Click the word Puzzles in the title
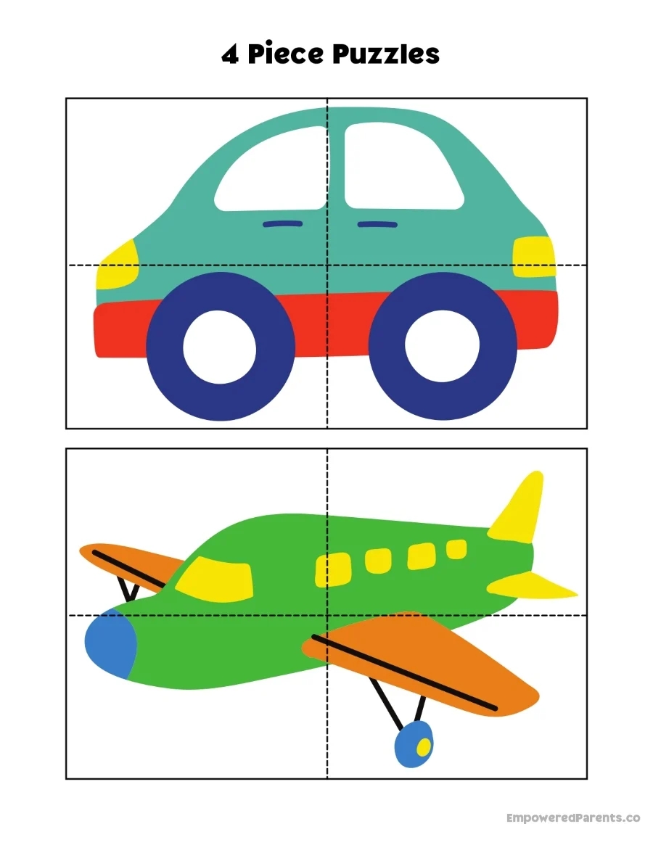point(381,54)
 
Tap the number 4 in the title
point(230,55)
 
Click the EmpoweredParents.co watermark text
point(573,817)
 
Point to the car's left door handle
point(282,223)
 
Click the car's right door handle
point(377,224)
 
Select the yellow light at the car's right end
point(533,257)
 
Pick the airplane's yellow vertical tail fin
point(521,508)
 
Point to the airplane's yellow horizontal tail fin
point(530,584)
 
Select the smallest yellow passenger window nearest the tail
point(456,549)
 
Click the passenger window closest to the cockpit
point(332,569)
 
